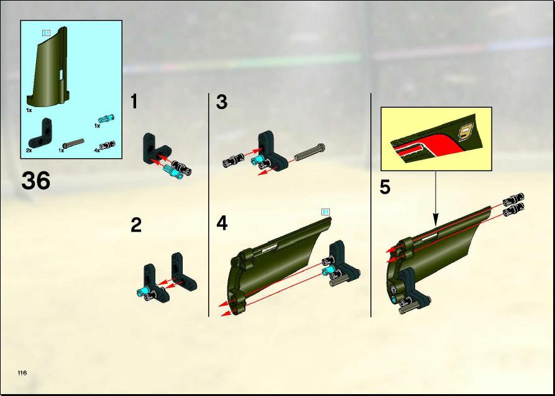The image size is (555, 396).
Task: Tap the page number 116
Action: [22, 372]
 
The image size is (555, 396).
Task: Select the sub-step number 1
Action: [134, 101]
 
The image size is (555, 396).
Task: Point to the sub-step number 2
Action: [136, 225]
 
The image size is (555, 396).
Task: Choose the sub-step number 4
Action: [222, 224]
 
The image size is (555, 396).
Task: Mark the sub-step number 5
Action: [385, 187]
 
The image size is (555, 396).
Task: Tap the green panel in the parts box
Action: [48, 67]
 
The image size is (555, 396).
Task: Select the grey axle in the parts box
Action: [73, 143]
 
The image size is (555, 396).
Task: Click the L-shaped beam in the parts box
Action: [40, 133]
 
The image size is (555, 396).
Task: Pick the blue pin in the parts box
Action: [106, 118]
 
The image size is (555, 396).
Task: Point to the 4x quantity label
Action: [96, 151]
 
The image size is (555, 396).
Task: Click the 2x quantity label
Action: [29, 151]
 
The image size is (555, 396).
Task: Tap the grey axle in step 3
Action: [310, 153]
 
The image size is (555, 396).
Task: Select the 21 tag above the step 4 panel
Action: [325, 212]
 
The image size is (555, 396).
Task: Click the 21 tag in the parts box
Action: [46, 33]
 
